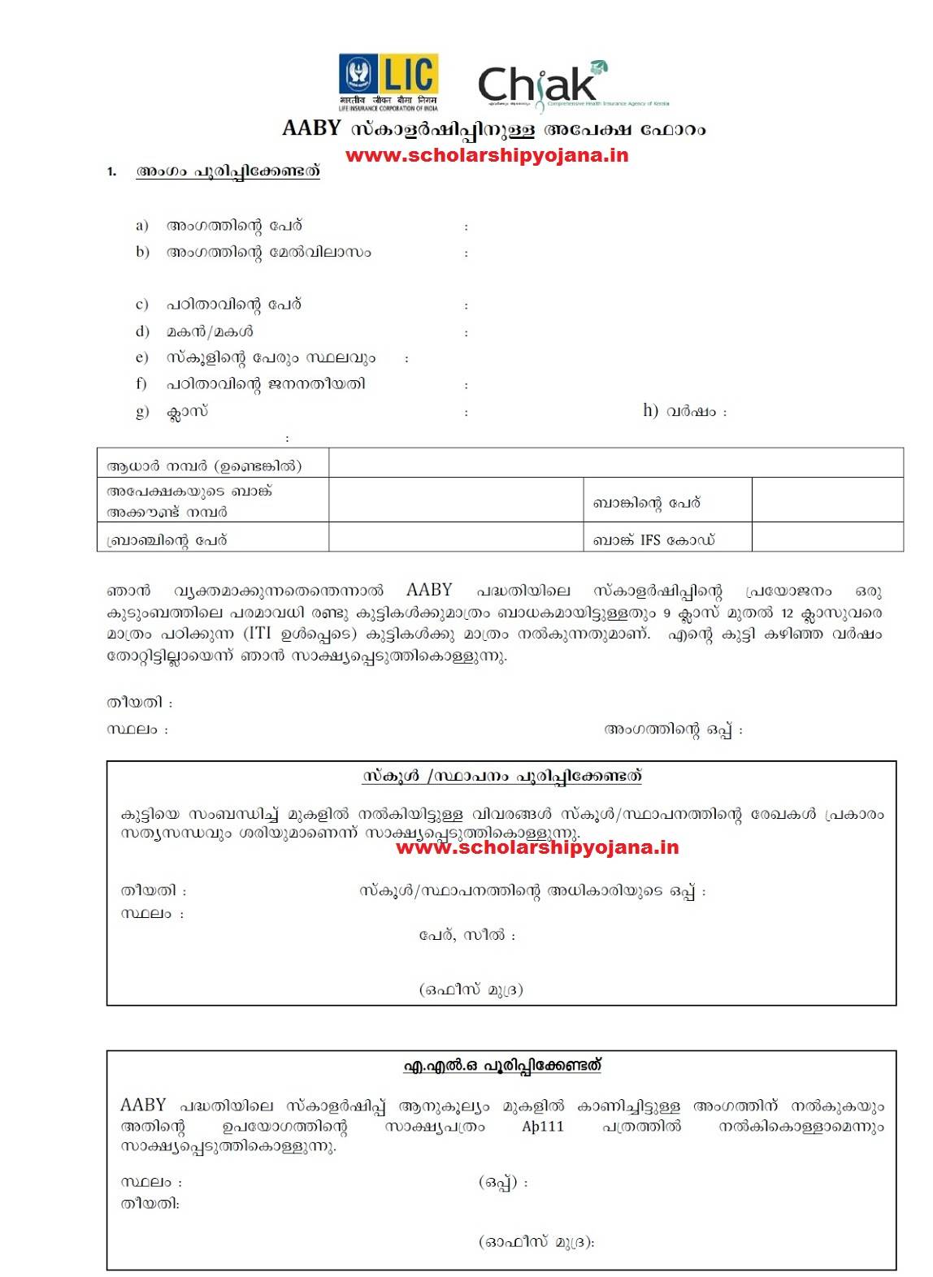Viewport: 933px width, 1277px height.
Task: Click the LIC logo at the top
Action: (x=388, y=81)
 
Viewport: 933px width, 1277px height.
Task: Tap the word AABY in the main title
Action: (x=311, y=129)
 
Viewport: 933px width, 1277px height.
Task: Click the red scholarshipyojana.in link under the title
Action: (x=487, y=154)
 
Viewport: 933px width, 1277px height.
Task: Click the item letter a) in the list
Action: (x=142, y=225)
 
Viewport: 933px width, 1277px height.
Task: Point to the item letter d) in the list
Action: (x=142, y=331)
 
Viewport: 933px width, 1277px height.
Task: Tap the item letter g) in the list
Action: (x=142, y=411)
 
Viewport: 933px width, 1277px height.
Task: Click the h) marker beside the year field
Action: (x=650, y=410)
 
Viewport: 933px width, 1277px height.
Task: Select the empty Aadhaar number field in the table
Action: (x=615, y=463)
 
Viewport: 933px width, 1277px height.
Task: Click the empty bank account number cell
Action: (x=455, y=500)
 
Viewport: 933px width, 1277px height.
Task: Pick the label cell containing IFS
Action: (x=653, y=539)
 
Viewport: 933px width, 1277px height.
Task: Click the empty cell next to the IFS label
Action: (x=827, y=538)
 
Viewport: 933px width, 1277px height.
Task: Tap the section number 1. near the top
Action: (x=112, y=172)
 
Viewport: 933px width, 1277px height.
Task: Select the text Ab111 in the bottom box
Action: (x=542, y=1126)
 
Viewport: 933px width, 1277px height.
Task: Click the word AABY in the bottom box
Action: (x=143, y=1105)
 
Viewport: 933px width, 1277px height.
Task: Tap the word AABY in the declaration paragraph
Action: (x=429, y=591)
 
